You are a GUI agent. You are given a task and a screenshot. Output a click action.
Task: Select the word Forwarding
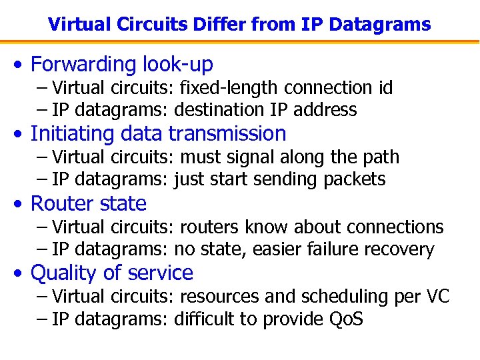[x=83, y=65]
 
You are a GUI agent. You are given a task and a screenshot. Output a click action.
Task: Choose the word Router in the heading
[x=61, y=203]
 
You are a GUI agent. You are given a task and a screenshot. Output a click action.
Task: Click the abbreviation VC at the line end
[x=437, y=297]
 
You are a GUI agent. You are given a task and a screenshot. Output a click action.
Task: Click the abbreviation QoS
[x=347, y=319]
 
